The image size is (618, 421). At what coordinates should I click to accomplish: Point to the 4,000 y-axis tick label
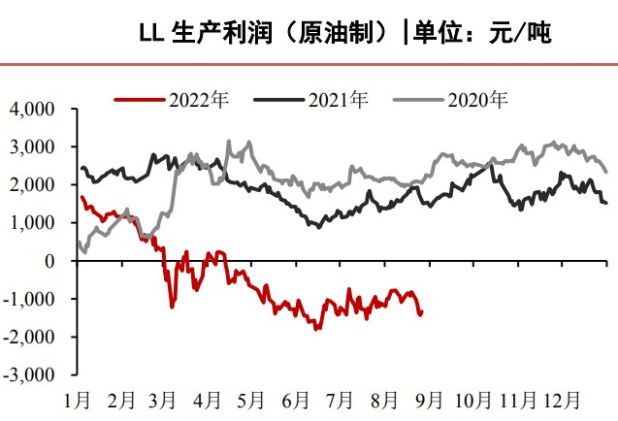tap(34, 109)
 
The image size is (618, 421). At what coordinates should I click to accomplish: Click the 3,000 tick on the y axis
tap(34, 146)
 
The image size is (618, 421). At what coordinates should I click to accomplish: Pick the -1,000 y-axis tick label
tap(31, 299)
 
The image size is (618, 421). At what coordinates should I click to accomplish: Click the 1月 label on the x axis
tap(78, 399)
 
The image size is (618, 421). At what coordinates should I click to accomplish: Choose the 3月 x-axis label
tap(164, 399)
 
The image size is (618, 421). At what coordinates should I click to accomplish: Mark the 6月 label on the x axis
tap(295, 399)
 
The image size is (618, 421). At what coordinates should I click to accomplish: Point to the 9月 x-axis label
tap(429, 399)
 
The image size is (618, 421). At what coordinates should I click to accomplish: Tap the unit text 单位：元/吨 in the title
tap(482, 34)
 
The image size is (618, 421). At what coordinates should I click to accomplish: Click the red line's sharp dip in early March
tap(172, 307)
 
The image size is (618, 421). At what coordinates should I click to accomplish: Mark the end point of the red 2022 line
tap(421, 312)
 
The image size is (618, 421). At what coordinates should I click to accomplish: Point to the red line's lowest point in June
tap(315, 329)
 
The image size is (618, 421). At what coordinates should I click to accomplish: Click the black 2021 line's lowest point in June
tap(317, 226)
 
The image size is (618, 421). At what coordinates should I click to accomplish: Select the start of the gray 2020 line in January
tap(80, 242)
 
